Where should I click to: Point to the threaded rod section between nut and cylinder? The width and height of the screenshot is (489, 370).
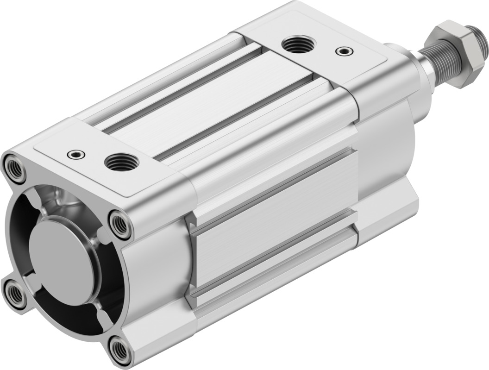[431, 65]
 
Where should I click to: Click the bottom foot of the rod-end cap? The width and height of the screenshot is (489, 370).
[389, 218]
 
